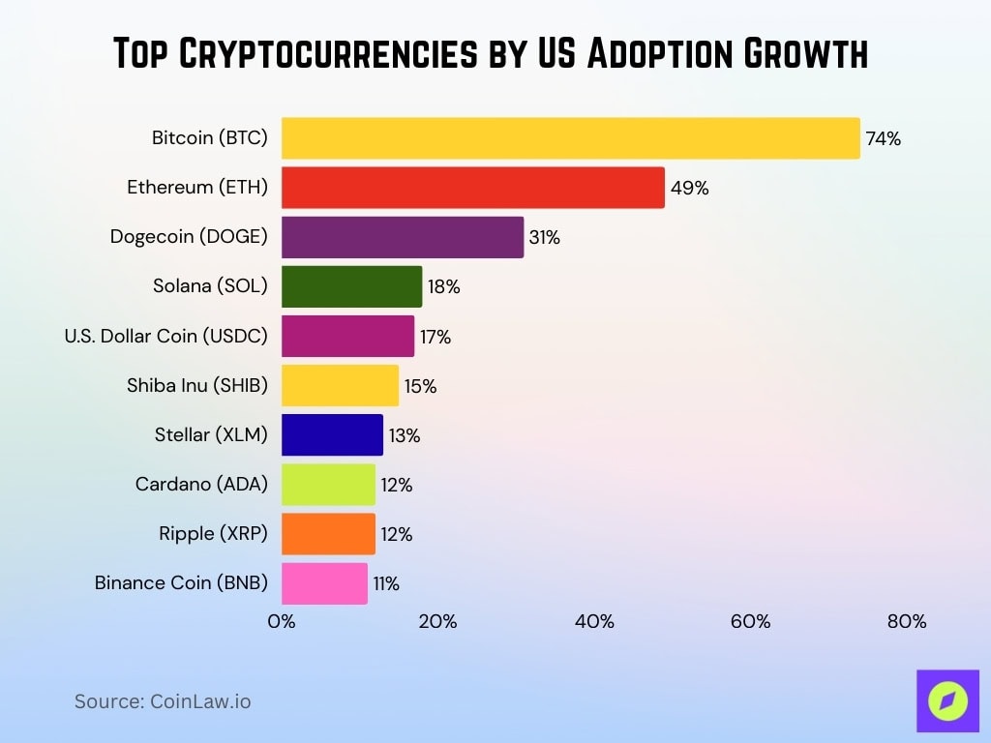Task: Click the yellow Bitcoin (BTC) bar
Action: (570, 138)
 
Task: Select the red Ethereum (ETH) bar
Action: (472, 188)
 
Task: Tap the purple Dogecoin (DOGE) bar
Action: (402, 237)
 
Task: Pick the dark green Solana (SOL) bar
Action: (351, 286)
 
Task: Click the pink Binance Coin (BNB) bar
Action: (324, 583)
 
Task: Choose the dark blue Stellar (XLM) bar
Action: (332, 435)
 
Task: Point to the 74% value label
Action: (883, 138)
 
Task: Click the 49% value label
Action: (689, 188)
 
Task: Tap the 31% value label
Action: (544, 237)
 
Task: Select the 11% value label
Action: (386, 583)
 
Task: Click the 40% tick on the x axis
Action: (594, 621)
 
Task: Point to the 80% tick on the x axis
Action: (907, 621)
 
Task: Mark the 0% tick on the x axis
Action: (282, 621)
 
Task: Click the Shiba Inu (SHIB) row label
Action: (197, 386)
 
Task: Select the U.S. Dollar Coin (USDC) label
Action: (165, 337)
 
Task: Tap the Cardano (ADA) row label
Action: (201, 485)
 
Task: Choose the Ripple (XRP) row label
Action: (213, 534)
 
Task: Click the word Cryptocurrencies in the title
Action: (329, 54)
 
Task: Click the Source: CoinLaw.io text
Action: (163, 701)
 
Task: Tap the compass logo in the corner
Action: (947, 700)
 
